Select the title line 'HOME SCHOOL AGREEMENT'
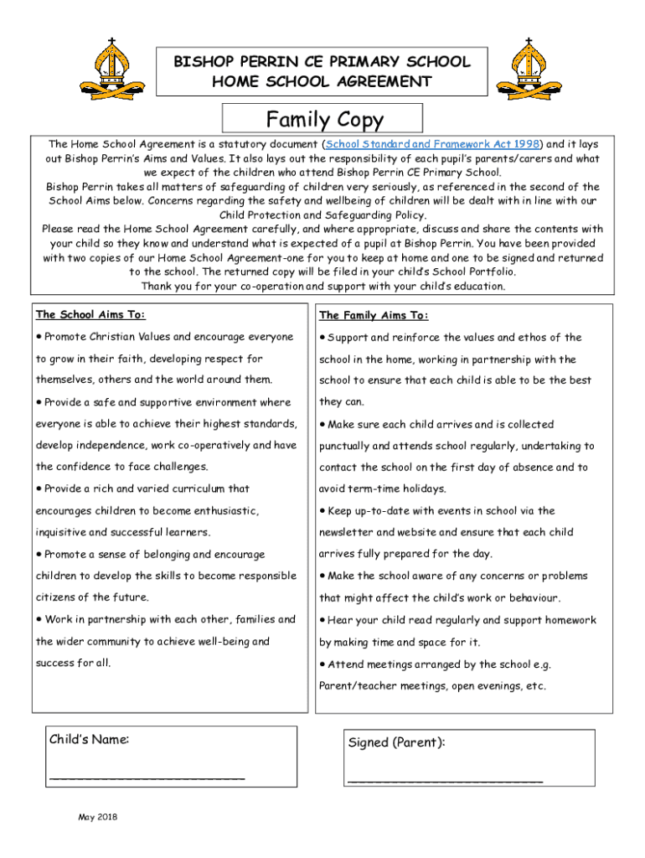click(x=322, y=81)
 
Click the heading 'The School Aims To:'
click(x=90, y=314)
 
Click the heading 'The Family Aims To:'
click(x=374, y=315)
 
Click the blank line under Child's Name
click(x=147, y=778)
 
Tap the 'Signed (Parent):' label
click(x=395, y=742)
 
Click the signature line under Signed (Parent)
click(x=445, y=780)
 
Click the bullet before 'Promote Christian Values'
click(x=39, y=337)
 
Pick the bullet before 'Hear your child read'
click(x=322, y=621)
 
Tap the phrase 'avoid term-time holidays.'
click(x=382, y=488)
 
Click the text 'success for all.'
click(x=73, y=663)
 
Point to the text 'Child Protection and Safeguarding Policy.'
click(x=322, y=214)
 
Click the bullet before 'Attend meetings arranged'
click(x=322, y=664)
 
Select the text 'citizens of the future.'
click(x=92, y=597)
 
